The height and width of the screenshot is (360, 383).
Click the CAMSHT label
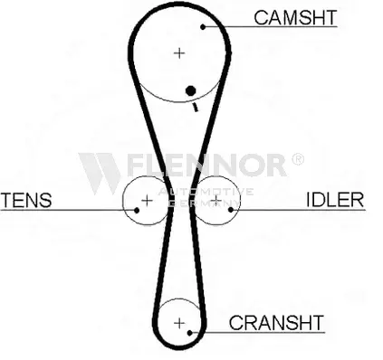point(295,17)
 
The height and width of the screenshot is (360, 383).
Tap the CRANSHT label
point(276,323)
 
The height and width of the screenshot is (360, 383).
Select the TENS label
point(26,200)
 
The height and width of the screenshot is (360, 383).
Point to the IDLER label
point(335,200)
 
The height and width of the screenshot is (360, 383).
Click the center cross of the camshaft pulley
point(179,53)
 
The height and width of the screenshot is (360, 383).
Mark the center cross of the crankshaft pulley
point(179,323)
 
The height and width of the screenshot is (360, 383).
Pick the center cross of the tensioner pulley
point(147,201)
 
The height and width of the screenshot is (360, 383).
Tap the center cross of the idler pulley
point(216,200)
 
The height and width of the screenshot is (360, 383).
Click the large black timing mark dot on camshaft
point(190,90)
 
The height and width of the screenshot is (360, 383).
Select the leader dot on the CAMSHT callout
point(203,27)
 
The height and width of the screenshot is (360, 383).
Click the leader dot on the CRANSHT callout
point(190,333)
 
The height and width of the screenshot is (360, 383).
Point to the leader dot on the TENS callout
point(137,210)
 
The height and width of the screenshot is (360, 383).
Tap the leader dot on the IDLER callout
point(231,210)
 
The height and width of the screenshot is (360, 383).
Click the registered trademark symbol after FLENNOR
point(298,159)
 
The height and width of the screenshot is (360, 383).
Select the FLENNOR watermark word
point(206,165)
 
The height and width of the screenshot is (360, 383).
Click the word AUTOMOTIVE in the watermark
point(206,192)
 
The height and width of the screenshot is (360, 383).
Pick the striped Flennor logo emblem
point(100,173)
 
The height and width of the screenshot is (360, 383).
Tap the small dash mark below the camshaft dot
point(196,107)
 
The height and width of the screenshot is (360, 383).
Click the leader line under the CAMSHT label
point(270,27)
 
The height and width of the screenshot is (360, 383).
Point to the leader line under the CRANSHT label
point(257,333)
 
